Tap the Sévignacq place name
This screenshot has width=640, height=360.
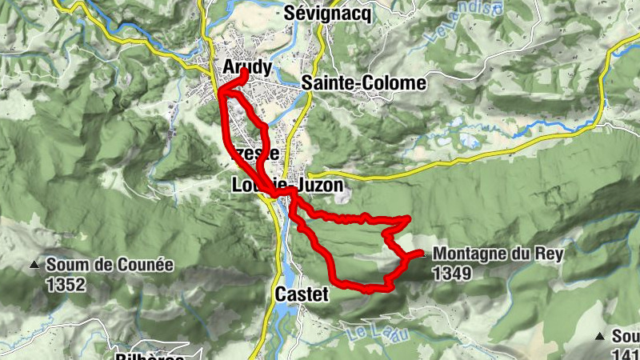click(x=328, y=14)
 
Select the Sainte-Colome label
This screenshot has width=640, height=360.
click(x=364, y=82)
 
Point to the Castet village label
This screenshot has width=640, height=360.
click(x=302, y=294)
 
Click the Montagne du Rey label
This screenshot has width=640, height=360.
click(x=498, y=254)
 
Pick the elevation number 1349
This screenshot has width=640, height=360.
click(x=452, y=273)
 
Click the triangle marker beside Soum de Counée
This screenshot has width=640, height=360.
click(x=34, y=265)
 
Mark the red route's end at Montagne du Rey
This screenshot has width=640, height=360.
click(x=422, y=254)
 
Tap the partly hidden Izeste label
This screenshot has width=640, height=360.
click(x=256, y=153)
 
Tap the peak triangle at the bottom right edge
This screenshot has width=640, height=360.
click(x=601, y=336)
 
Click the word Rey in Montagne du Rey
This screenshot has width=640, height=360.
click(x=550, y=254)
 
